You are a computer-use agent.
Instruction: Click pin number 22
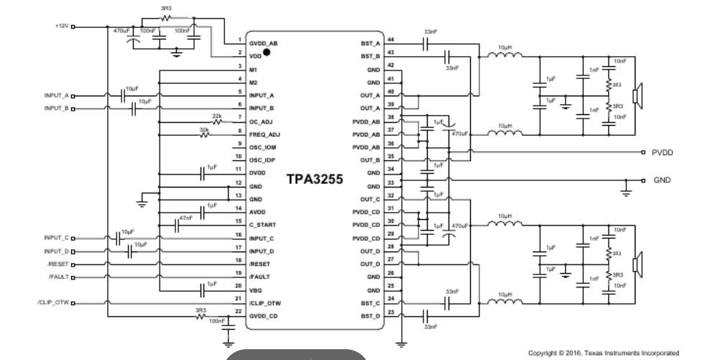tap(238, 310)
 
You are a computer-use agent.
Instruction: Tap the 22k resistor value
tap(217, 116)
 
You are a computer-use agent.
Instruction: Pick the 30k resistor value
tap(204, 129)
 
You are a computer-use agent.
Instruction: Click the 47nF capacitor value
tap(185, 218)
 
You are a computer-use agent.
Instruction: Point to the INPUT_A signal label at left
tap(56, 95)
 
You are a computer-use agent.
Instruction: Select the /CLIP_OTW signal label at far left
tap(52, 303)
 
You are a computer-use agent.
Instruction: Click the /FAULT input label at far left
tap(58, 277)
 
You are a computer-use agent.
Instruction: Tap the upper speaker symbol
tap(636, 96)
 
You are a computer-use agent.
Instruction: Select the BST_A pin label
tap(370, 43)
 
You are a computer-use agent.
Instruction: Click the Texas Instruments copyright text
tap(602, 353)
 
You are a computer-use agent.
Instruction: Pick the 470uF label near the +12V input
tap(122, 30)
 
